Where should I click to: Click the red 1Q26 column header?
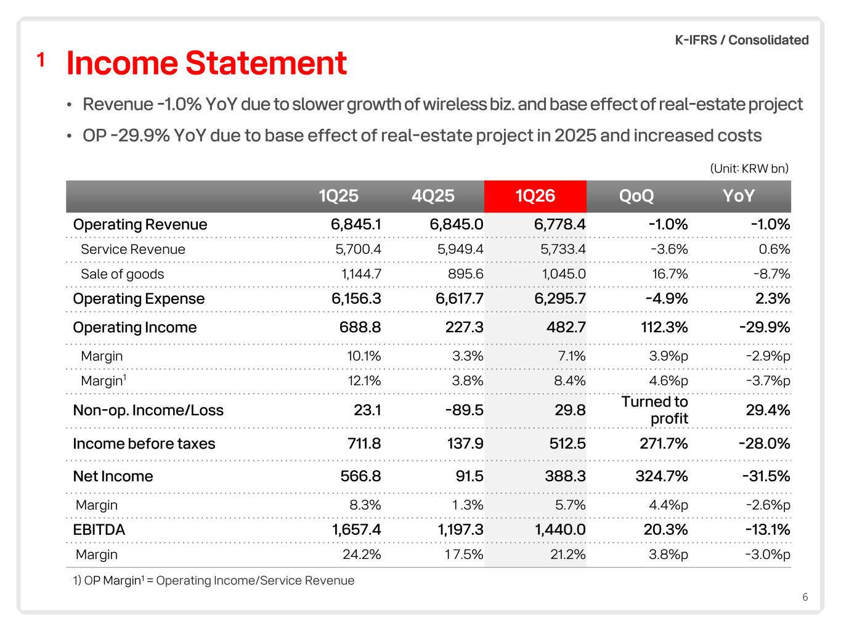tap(535, 196)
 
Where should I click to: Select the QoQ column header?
tap(636, 196)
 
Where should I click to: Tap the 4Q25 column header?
tap(433, 196)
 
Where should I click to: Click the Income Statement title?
tap(206, 63)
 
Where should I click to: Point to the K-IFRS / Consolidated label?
tap(741, 40)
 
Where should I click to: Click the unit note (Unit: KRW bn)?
tap(749, 168)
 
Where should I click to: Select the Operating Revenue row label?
tap(140, 224)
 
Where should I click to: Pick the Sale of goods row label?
tap(122, 274)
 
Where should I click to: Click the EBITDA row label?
tap(99, 530)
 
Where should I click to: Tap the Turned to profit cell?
tap(654, 410)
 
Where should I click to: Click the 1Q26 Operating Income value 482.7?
tap(566, 328)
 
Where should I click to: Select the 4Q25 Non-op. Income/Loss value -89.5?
tap(464, 410)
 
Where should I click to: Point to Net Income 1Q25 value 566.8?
tap(360, 476)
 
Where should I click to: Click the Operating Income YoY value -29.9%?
tap(765, 328)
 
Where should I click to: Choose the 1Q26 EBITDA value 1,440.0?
tap(560, 530)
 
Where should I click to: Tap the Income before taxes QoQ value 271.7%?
tap(664, 444)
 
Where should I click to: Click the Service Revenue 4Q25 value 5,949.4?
tap(460, 250)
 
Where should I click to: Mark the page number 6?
tap(805, 597)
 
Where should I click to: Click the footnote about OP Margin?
tap(213, 581)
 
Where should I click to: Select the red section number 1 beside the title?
tap(41, 60)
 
